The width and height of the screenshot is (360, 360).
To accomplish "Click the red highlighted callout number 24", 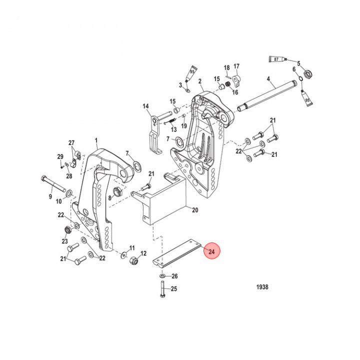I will tap(211, 251).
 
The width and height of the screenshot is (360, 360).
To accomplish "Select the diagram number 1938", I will tap(261, 287).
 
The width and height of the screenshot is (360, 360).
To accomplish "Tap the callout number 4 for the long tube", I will tap(268, 79).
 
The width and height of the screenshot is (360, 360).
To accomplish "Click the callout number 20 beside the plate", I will tap(194, 210).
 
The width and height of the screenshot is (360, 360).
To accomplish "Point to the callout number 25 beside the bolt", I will tap(174, 288).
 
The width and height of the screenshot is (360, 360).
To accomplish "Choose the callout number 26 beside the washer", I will tap(174, 276).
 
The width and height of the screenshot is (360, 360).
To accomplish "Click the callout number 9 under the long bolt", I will tap(50, 197).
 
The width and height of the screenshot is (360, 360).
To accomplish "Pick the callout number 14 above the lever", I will tap(146, 106).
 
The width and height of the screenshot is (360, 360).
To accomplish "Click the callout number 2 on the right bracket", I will tap(199, 81).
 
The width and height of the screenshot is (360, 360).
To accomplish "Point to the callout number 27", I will tap(71, 143).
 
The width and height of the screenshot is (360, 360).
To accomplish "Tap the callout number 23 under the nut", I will tap(64, 241).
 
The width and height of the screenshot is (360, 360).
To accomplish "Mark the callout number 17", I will tap(236, 66).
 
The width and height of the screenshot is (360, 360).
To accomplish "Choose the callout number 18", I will tap(226, 67).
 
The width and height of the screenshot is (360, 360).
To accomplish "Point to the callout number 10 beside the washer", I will tap(58, 201).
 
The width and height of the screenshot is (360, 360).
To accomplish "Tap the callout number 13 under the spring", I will tap(173, 129).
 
